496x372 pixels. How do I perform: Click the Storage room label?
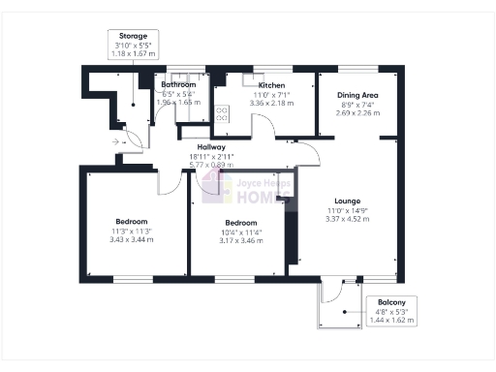[x=134, y=36]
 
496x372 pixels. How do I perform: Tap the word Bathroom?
[x=177, y=85]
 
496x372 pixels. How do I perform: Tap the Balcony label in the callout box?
[x=392, y=301]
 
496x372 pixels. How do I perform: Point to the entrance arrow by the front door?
[x=117, y=141]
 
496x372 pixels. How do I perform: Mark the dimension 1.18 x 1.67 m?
[x=134, y=53]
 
